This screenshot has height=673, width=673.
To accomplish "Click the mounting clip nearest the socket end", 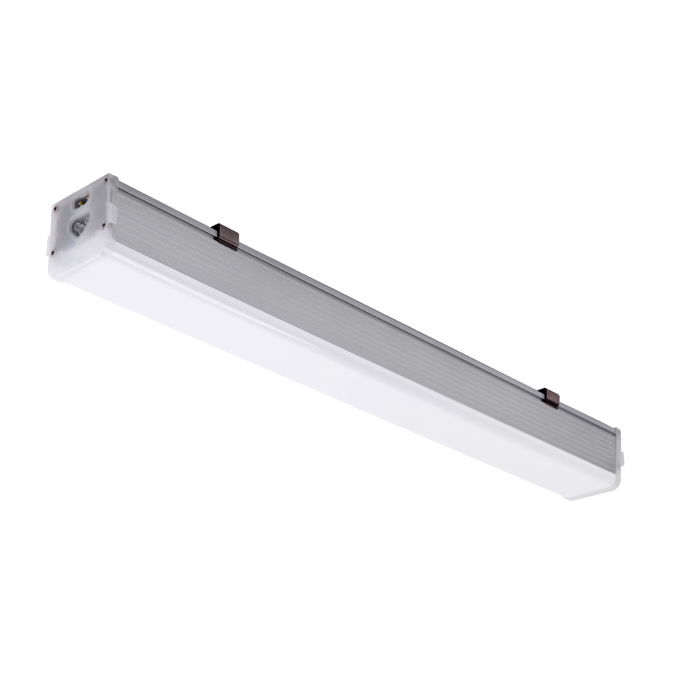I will tap(226, 235).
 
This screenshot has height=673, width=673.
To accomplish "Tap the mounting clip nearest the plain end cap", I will tap(550, 397).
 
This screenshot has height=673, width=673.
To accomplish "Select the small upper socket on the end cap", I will tap(82, 202).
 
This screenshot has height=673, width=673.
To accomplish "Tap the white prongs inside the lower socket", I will tap(77, 226).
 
